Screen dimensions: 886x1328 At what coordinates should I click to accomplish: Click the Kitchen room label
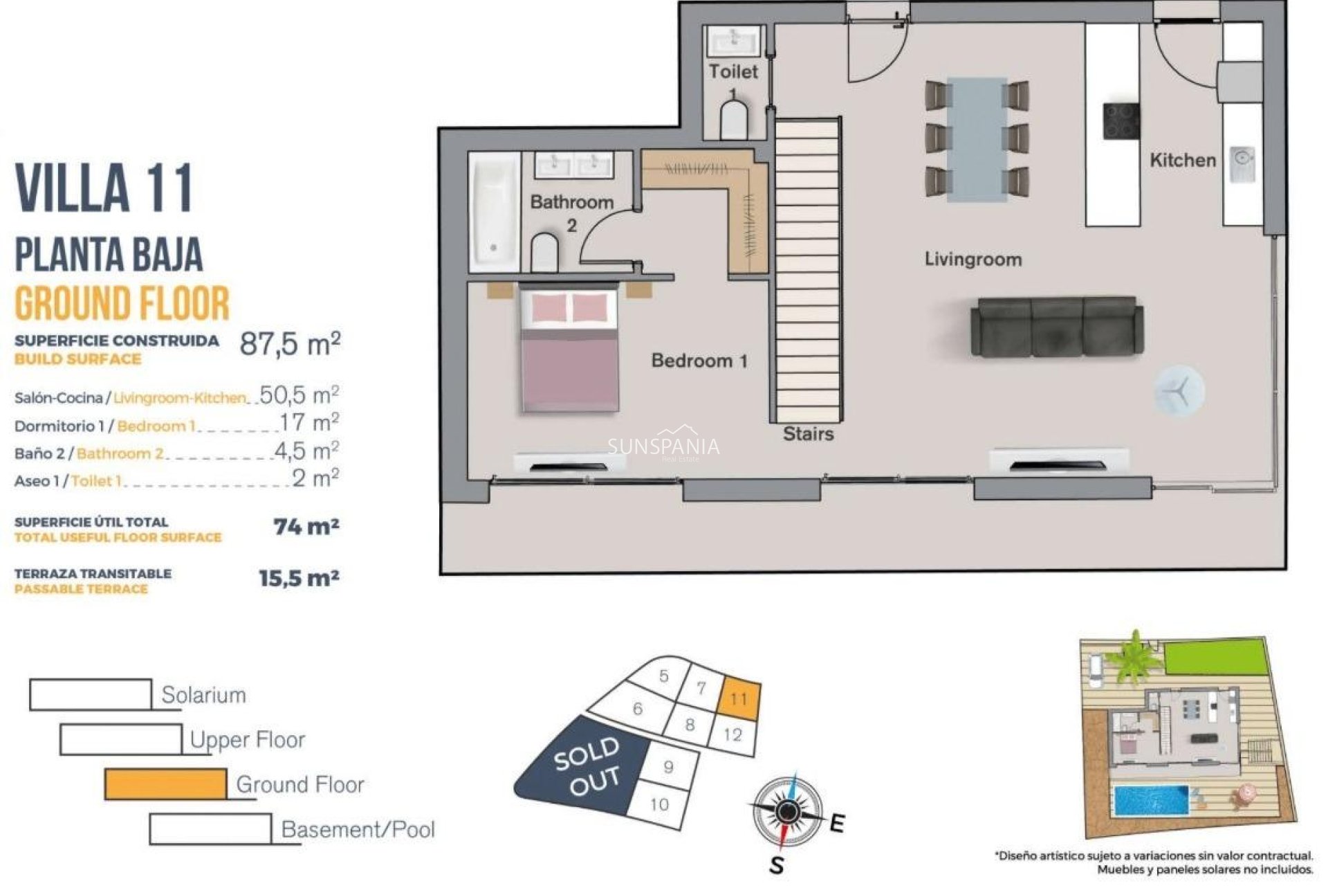coord(1182,160)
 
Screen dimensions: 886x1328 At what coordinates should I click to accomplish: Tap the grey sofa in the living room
coord(1056,327)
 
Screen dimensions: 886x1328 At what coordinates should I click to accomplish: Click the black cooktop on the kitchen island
coord(1120,122)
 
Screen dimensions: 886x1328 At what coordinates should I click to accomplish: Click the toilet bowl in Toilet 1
coord(734,122)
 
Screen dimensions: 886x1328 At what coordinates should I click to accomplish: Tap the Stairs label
coord(808,434)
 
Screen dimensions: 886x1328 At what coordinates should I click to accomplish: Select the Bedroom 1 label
coord(699,361)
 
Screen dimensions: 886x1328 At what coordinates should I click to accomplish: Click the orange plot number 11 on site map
coord(739,698)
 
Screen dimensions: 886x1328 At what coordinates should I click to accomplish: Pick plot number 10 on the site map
coord(659,804)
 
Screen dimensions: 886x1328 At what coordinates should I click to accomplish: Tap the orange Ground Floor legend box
coord(165,784)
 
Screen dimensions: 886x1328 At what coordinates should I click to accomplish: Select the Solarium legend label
coord(203,695)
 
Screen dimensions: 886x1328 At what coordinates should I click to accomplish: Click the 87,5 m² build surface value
coord(290,343)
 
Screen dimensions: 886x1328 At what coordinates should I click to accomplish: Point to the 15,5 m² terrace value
coord(299,578)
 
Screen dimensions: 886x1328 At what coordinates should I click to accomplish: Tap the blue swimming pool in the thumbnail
coord(1150,800)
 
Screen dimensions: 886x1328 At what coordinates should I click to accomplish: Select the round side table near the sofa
coord(1179,392)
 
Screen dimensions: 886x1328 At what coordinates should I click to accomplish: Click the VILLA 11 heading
coord(104,188)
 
